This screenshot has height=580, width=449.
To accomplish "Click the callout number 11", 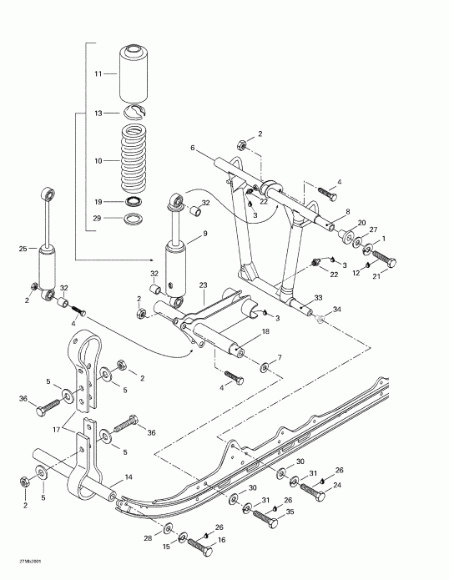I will (x=98, y=74).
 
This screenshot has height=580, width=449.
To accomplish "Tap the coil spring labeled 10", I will (x=134, y=159).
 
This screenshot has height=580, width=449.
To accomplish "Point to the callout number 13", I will (x=98, y=113).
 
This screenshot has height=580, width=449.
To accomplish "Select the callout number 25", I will (x=23, y=248).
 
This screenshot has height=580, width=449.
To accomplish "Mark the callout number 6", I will (x=191, y=148).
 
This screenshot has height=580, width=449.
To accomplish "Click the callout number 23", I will (x=203, y=285).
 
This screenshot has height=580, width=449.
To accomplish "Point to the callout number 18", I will (x=265, y=331).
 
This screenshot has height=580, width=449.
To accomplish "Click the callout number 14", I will (x=129, y=477).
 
